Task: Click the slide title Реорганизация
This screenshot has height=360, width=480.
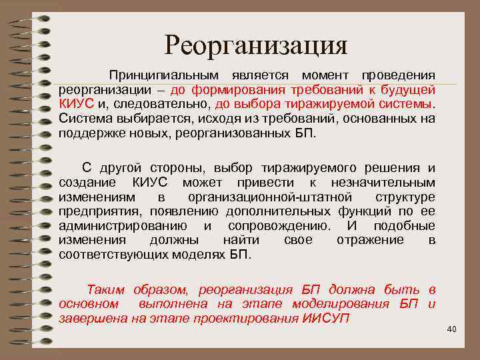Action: point(256,45)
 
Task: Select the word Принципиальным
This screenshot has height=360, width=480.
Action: point(163,75)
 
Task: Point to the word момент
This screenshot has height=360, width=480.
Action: point(326,75)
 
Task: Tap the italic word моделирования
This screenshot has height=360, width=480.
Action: point(343,303)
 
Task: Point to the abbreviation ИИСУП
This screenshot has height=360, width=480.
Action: point(326,318)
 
